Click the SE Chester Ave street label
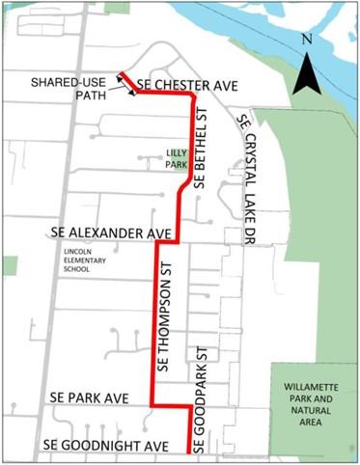(187, 85)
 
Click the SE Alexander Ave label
(109, 234)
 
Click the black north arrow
(306, 73)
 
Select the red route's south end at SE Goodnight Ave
(187, 450)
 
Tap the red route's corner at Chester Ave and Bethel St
(194, 96)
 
